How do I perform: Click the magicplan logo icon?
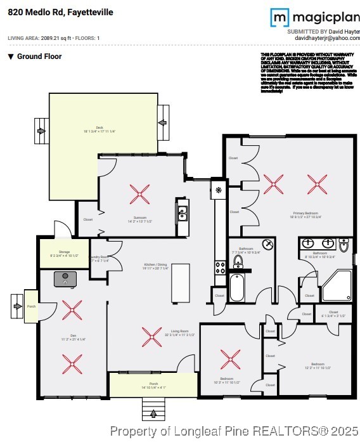pos(280,18)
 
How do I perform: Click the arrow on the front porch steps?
pos(153,415)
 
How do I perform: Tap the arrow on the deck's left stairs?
pos(42,131)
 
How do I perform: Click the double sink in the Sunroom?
pos(182,212)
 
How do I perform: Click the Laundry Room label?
pos(100,259)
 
